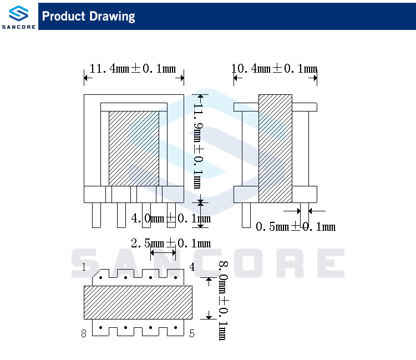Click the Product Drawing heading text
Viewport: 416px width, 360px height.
(89, 16)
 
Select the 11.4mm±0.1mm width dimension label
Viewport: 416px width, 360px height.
(133, 69)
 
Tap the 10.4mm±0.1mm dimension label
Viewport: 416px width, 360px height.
(275, 69)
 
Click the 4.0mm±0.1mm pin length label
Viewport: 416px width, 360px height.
(171, 219)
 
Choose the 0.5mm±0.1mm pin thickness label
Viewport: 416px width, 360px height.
(296, 226)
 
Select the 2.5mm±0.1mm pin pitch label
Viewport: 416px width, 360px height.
(171, 243)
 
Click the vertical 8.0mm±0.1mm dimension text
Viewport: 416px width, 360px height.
(222, 300)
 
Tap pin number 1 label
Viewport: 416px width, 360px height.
(84, 267)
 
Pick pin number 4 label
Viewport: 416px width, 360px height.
(192, 267)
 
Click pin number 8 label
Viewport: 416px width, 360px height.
(84, 333)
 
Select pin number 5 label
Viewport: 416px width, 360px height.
(192, 333)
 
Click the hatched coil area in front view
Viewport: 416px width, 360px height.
(134, 149)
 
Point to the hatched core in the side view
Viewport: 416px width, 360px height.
(275, 149)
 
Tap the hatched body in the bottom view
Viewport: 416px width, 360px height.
(138, 302)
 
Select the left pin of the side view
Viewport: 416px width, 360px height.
(246, 215)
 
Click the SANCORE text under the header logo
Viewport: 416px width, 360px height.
(19, 27)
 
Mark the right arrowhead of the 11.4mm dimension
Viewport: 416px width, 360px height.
(181, 79)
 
